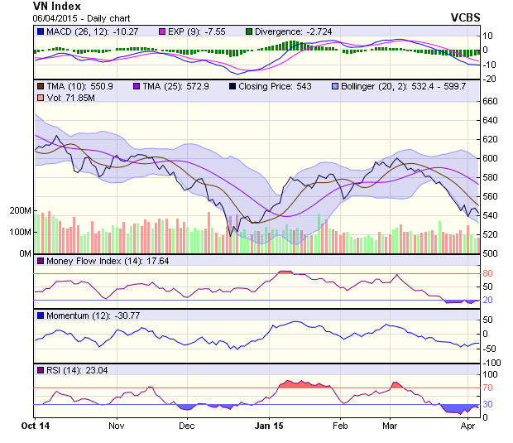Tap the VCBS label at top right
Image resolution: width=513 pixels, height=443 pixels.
pyautogui.click(x=467, y=17)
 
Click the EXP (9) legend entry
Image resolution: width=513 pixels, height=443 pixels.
pyautogui.click(x=152, y=32)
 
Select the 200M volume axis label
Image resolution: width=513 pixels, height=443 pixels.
pyautogui.click(x=20, y=211)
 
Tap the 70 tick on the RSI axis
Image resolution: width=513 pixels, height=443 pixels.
pyautogui.click(x=487, y=387)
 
